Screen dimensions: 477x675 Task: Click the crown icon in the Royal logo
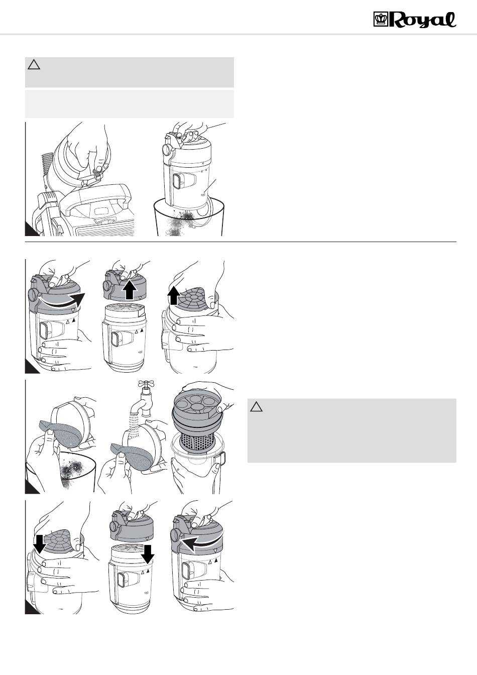point(381,19)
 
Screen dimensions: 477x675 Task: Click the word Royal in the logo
point(422,20)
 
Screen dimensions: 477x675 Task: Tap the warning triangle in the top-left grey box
point(34,65)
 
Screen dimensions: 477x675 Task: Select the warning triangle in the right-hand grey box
point(256,407)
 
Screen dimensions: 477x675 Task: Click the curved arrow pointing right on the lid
point(62,300)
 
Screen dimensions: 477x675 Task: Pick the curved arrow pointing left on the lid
point(201,542)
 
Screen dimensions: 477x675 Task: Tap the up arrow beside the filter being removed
point(174,295)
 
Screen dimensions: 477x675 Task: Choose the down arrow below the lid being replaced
point(148,554)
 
